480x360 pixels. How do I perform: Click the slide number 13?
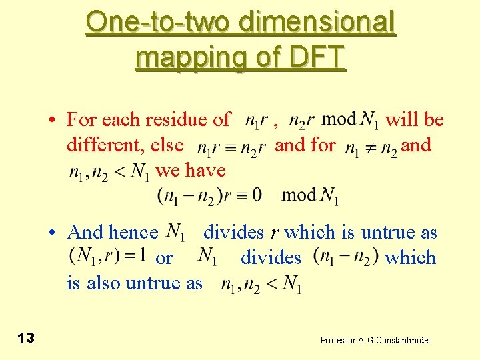point(26,339)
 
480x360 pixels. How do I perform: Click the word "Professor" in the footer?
point(338,340)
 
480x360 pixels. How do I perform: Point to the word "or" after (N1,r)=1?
point(164,258)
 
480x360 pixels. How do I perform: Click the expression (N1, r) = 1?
point(108,256)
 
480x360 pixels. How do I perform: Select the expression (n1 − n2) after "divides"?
point(345,257)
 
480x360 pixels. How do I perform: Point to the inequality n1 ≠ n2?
point(371,147)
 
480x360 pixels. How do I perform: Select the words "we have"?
point(191,171)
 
